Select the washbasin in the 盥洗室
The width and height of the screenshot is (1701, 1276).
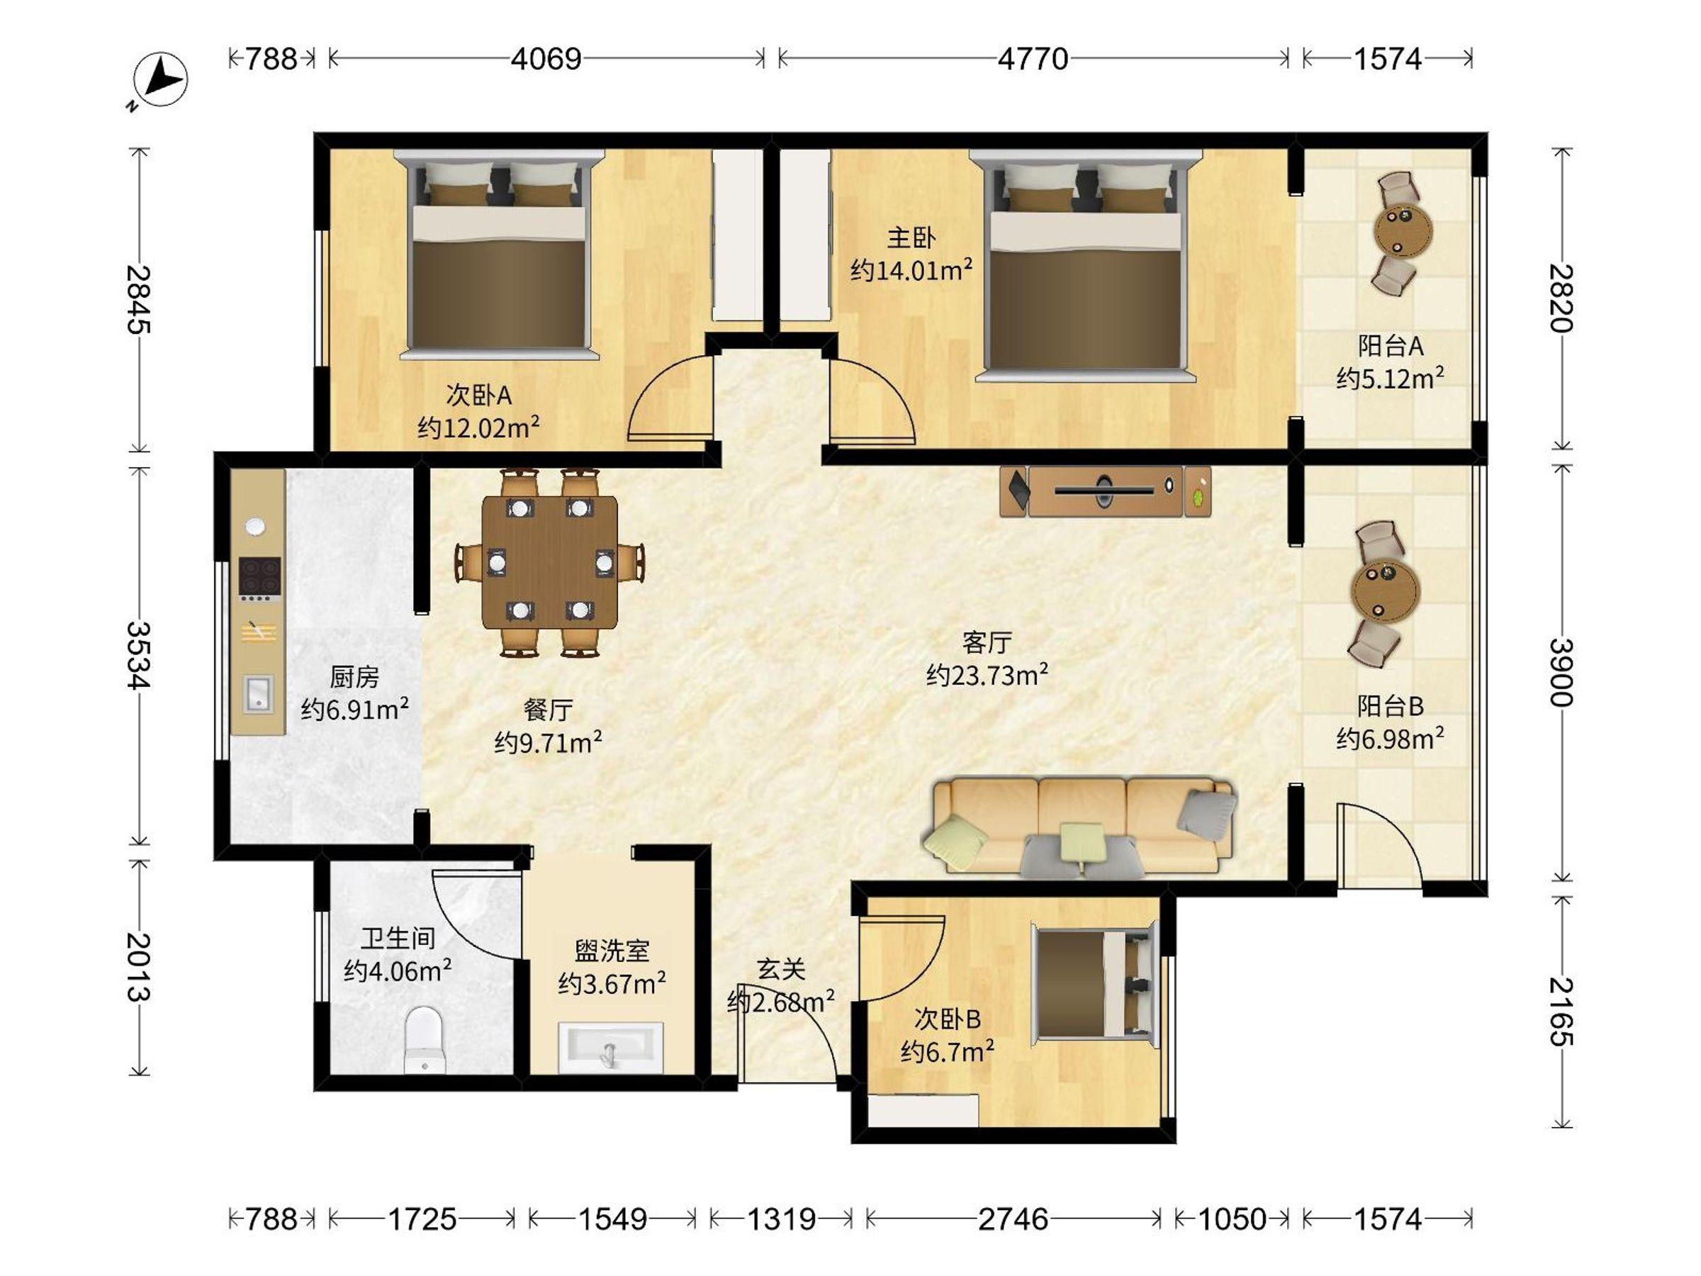coord(610,1047)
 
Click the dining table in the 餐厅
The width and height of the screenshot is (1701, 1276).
coord(550,563)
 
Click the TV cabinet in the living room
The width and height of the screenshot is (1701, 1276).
coord(1105,491)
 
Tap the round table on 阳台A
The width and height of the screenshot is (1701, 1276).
coord(1403,229)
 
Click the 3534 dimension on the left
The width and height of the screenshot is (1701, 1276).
coord(139,654)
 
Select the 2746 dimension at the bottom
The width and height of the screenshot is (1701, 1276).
coord(1013,1219)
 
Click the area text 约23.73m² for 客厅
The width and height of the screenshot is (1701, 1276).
coord(987,676)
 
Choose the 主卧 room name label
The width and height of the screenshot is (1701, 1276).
coord(911,237)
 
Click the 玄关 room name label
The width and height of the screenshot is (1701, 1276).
coord(780,969)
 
